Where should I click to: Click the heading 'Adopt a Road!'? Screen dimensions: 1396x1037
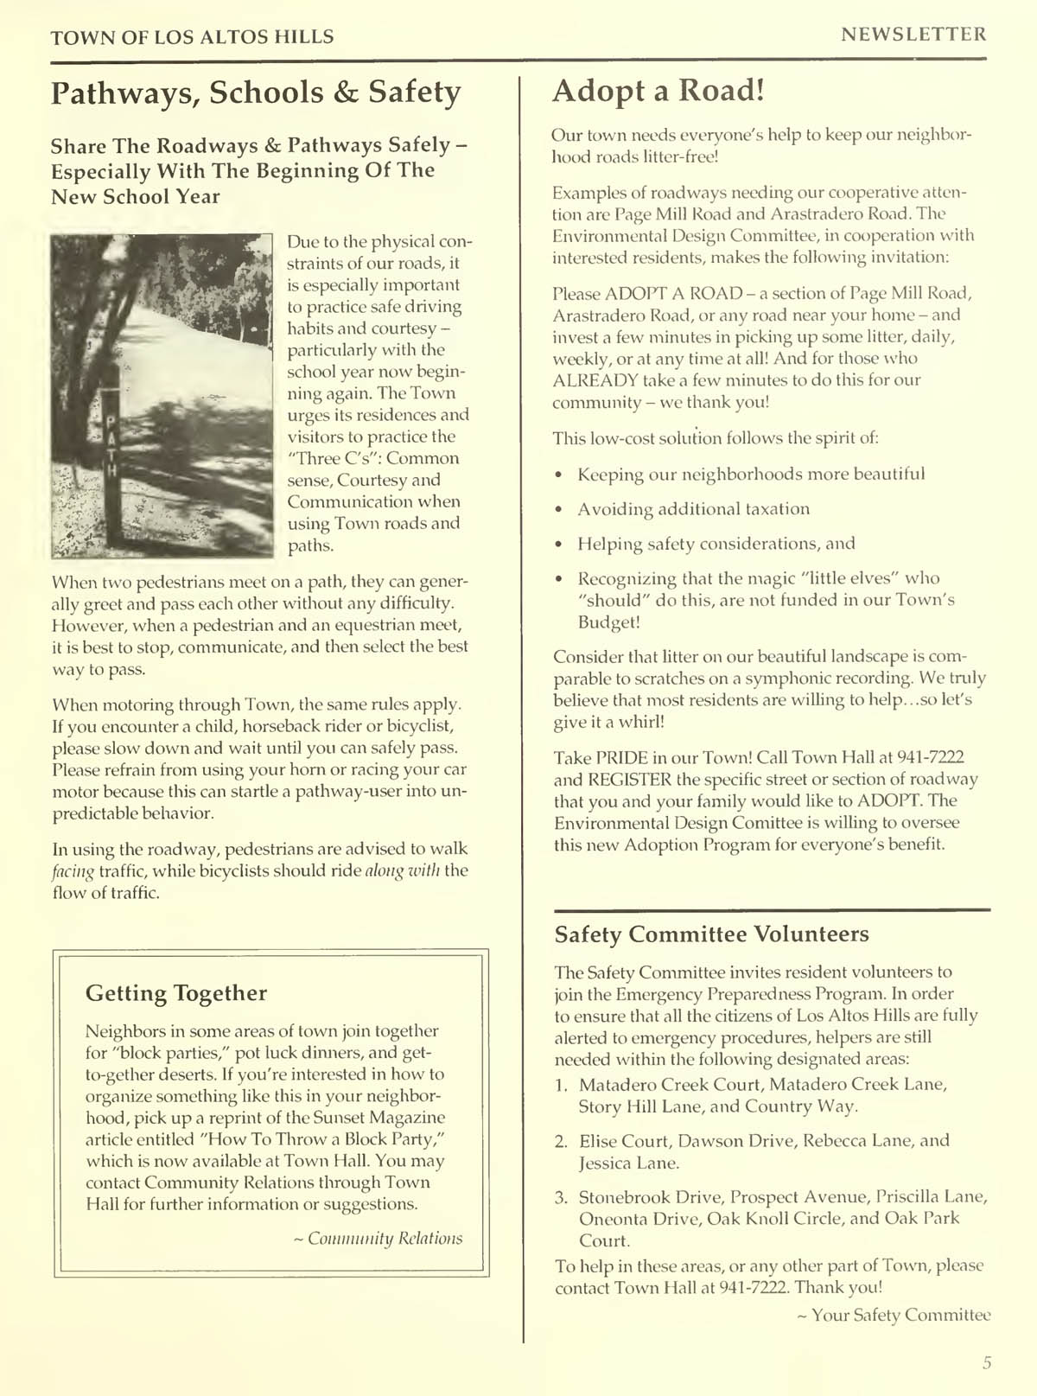tap(658, 90)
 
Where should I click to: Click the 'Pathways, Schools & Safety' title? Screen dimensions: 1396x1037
tap(256, 92)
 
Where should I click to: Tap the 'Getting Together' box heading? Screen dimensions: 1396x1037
tap(176, 993)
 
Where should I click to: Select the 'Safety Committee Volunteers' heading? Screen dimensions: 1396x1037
tap(711, 934)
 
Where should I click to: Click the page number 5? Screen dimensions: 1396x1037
tap(987, 1363)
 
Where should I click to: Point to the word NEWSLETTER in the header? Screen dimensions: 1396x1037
tap(913, 35)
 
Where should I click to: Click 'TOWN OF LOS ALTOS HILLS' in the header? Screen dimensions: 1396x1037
tap(192, 36)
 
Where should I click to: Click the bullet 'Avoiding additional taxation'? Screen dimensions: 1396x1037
tap(693, 509)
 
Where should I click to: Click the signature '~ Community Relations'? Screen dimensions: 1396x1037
tap(379, 1238)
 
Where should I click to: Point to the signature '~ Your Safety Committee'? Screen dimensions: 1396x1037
tap(893, 1315)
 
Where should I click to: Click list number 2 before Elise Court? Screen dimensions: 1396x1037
tap(561, 1141)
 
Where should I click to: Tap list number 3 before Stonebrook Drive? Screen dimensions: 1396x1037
tap(561, 1197)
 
